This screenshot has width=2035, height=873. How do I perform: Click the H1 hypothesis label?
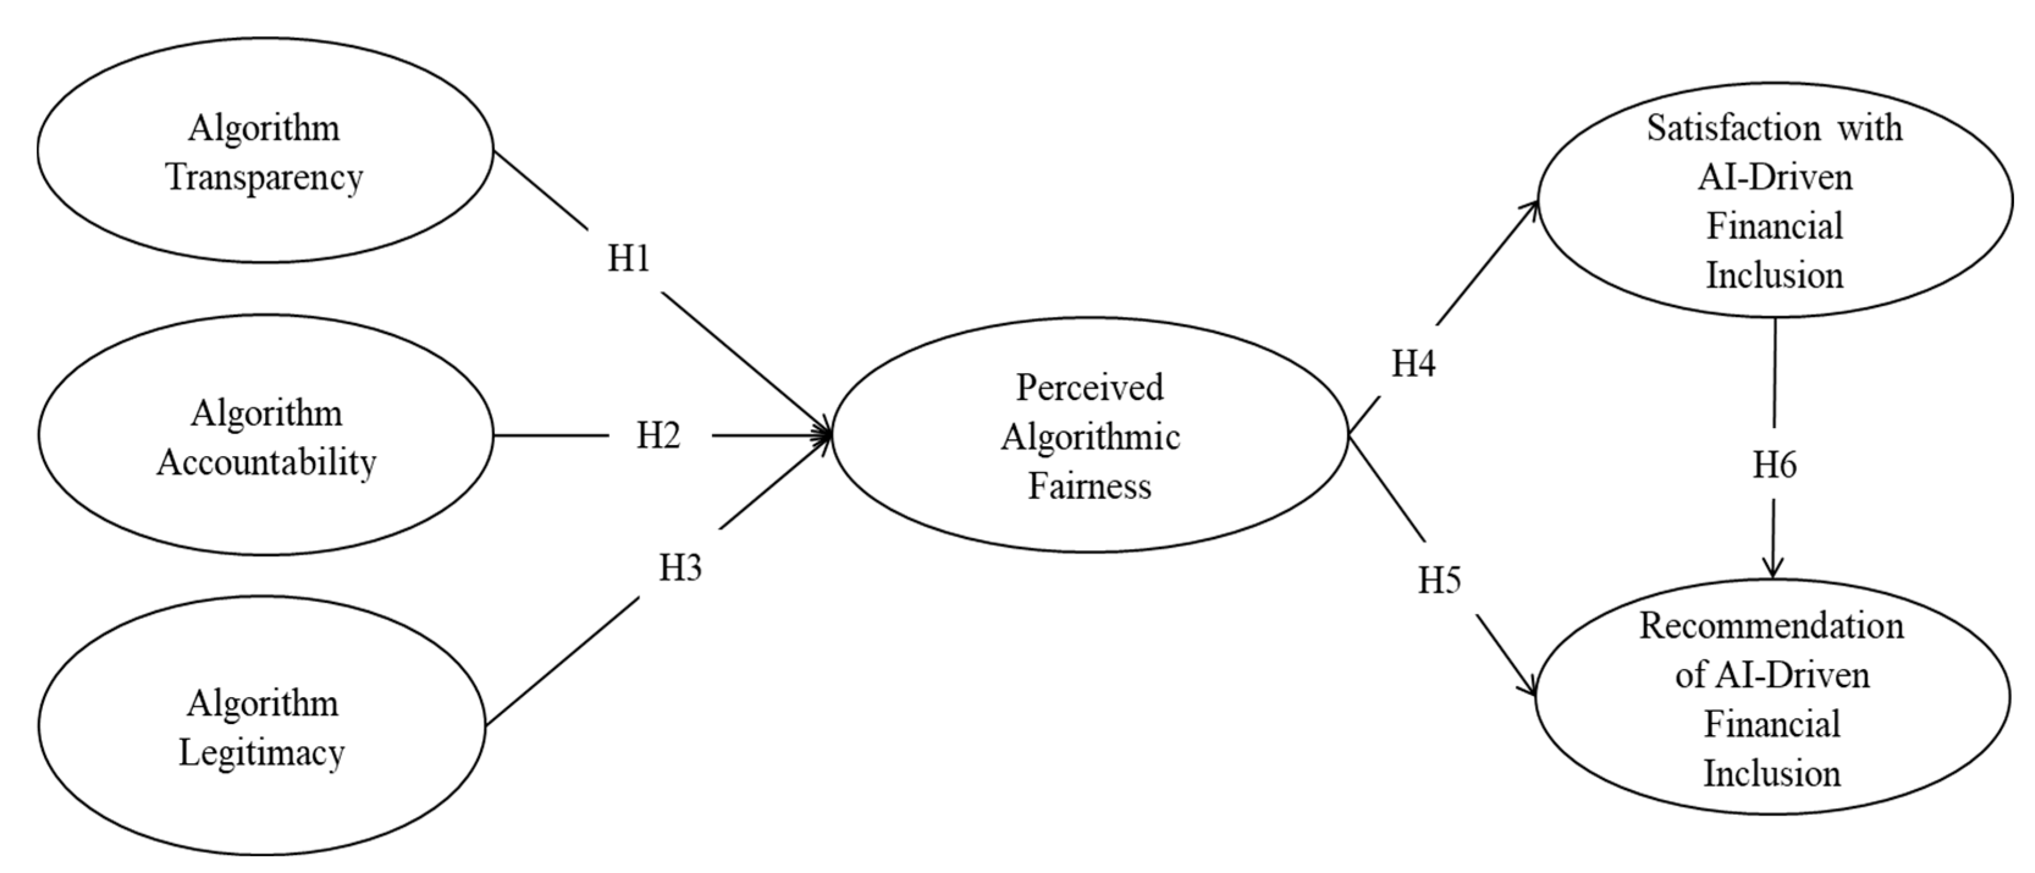point(629,258)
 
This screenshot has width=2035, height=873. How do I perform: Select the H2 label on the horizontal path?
point(658,435)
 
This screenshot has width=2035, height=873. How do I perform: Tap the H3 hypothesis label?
point(680,567)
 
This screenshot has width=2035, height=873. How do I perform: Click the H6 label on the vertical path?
point(1774,465)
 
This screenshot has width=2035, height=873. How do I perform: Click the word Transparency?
point(264,178)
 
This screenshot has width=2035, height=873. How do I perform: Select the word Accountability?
point(266,462)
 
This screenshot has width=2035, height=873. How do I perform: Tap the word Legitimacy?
point(261,753)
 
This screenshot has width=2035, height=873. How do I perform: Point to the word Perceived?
point(1089,387)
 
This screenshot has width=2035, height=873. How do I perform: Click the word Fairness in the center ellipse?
point(1089,485)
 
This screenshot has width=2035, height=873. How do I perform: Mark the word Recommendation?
point(1772,626)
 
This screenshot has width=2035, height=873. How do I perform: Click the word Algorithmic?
point(1090,437)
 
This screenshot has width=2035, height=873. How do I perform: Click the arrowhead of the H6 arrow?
point(1774,570)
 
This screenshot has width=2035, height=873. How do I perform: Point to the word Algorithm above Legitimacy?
point(263,703)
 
